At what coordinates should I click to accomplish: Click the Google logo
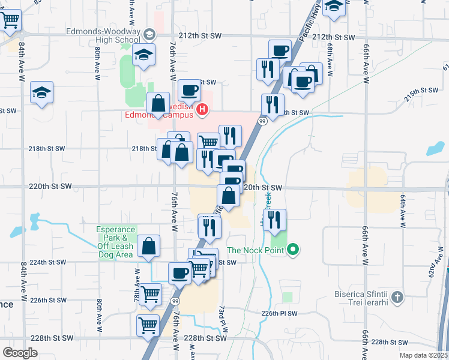20,353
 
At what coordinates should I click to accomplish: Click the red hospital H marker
203,110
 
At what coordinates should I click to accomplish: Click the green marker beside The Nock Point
293,248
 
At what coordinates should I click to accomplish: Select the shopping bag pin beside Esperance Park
149,246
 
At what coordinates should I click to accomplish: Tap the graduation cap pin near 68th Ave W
333,6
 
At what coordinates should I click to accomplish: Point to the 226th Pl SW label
279,313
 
